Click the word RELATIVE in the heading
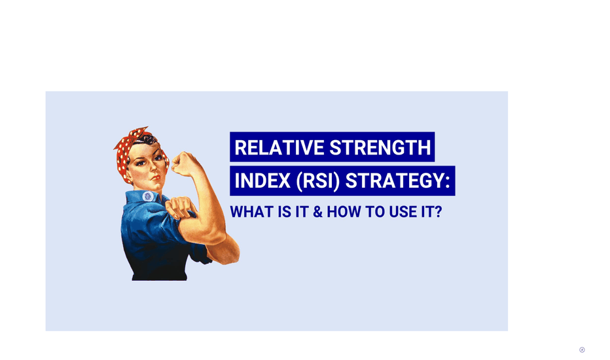[x=279, y=147]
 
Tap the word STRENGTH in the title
[x=380, y=147]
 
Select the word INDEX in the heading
[x=262, y=181]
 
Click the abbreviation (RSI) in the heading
[x=318, y=181]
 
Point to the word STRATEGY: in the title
[x=397, y=181]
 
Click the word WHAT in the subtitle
[x=251, y=212]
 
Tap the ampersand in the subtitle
[x=318, y=212]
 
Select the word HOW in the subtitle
[x=344, y=212]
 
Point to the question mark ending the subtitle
[x=438, y=212]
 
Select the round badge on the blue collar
[x=148, y=196]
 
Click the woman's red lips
[x=156, y=178]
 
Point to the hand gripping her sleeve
[x=180, y=207]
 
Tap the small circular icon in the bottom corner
[x=582, y=350]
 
